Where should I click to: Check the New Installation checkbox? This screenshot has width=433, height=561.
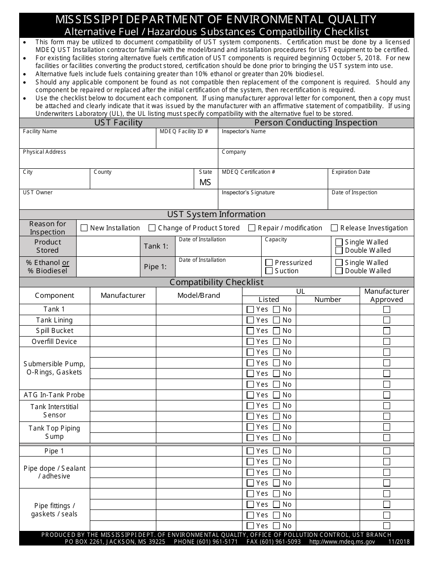84,228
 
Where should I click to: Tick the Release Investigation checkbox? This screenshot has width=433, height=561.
335,228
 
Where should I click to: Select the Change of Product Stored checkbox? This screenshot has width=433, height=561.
152,228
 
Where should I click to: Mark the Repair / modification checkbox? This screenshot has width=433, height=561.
252,228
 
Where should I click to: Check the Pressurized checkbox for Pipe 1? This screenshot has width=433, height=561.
269,263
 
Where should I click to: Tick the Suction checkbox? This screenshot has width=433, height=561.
269,271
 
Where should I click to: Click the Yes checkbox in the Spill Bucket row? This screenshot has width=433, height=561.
250,331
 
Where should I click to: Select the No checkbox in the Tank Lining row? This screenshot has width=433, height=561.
277,320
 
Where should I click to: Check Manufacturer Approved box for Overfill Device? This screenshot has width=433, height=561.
387,342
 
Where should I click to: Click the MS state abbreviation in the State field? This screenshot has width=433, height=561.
205,182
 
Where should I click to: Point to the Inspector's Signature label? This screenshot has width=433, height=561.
248,192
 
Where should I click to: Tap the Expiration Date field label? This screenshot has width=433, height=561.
351,172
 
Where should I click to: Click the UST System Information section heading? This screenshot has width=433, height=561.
216,214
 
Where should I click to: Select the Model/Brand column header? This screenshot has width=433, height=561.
199,296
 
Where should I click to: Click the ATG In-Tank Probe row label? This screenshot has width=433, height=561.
54,395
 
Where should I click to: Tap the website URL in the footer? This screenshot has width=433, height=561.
342,542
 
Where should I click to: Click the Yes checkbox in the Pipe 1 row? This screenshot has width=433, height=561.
250,451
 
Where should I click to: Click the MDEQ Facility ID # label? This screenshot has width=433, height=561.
184,131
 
